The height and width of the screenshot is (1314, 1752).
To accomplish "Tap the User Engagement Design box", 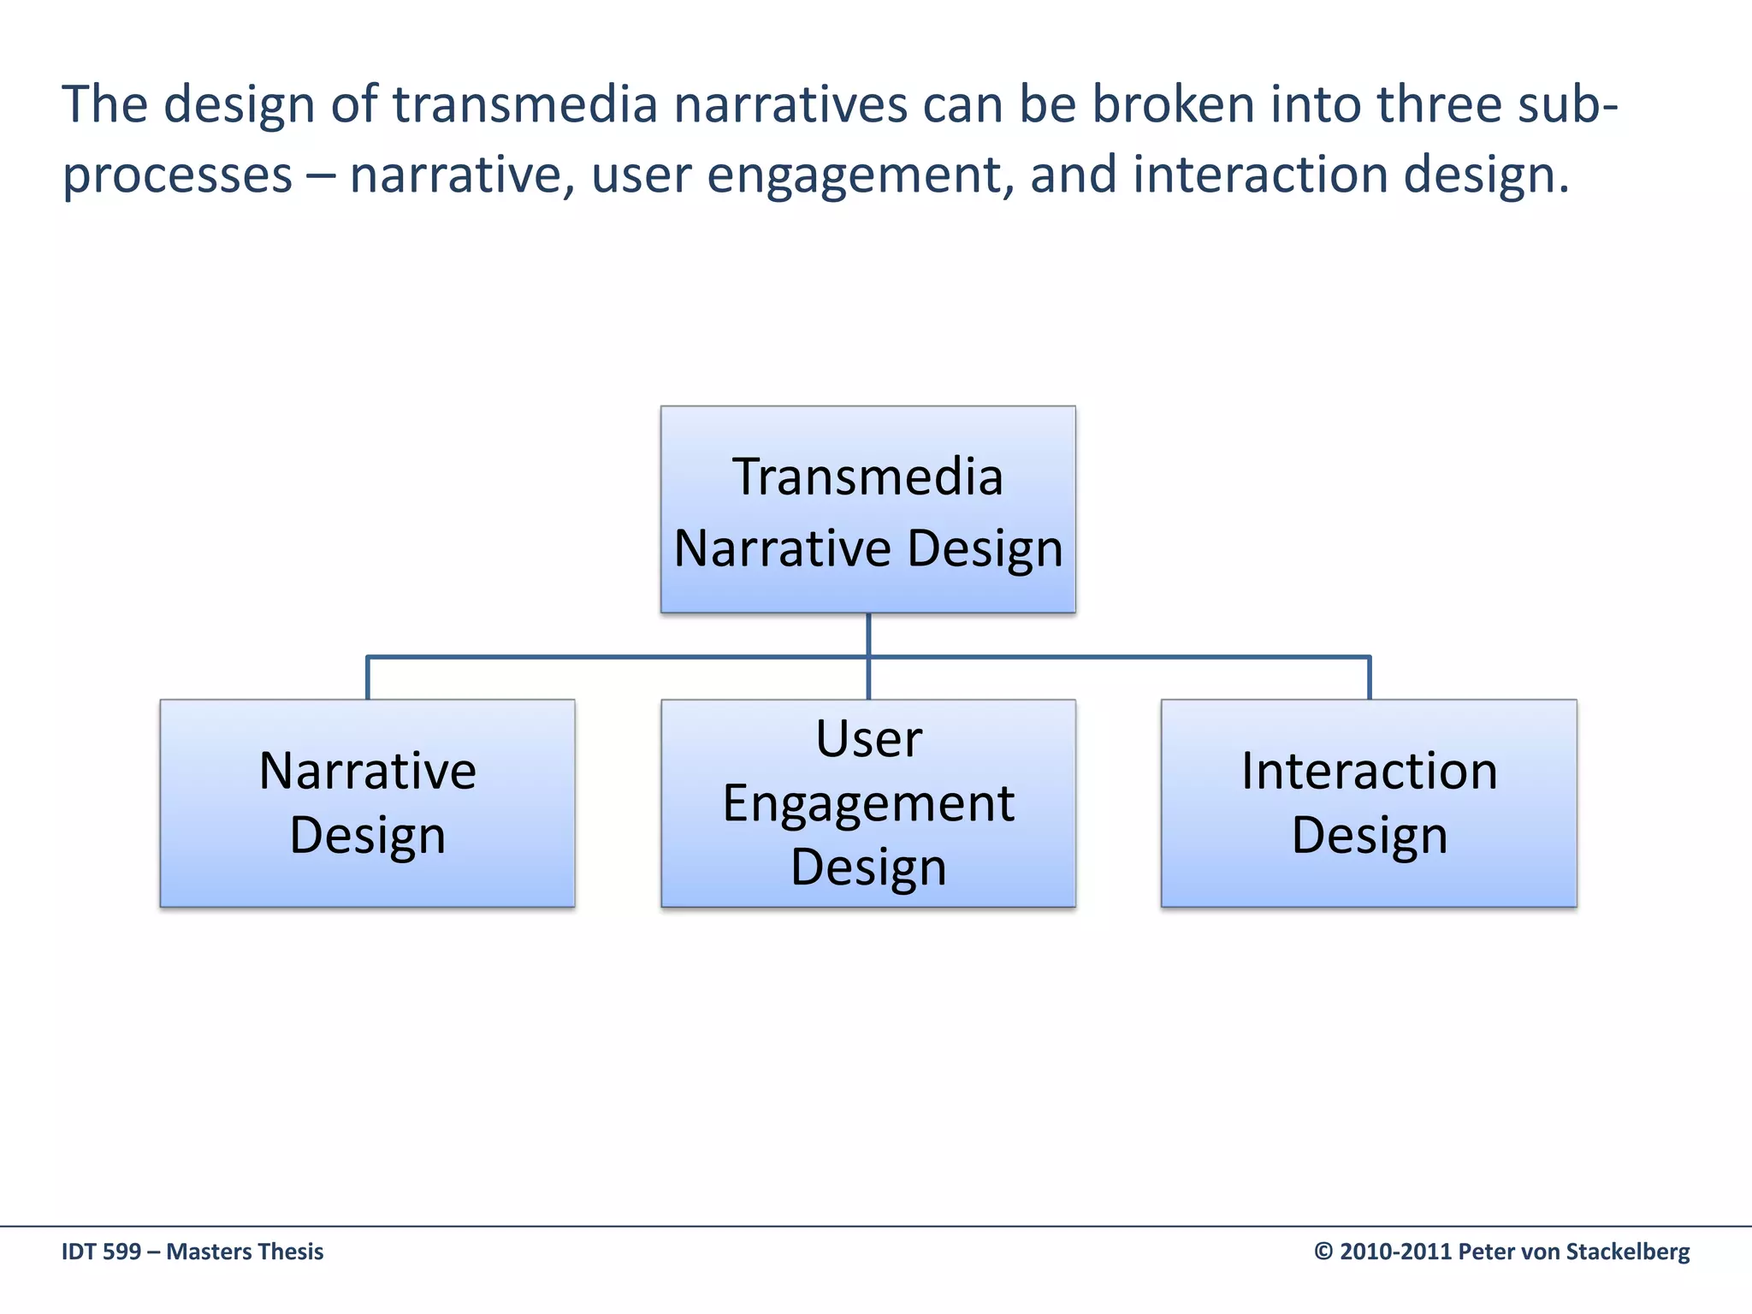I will pyautogui.click(x=867, y=802).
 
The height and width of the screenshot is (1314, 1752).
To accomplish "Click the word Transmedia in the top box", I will pyautogui.click(x=867, y=476).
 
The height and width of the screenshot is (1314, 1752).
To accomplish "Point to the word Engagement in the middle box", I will pyautogui.click(x=867, y=804).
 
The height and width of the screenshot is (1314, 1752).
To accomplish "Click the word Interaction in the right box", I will pyautogui.click(x=1369, y=771).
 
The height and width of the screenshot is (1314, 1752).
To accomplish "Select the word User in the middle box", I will pyautogui.click(x=868, y=738).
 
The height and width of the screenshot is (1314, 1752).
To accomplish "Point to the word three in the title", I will pyautogui.click(x=1439, y=104).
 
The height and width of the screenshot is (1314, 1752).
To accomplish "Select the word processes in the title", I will pyautogui.click(x=177, y=175).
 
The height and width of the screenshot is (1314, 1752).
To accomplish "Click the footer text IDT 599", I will pyautogui.click(x=101, y=1252).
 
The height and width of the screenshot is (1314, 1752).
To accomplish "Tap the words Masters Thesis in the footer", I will pyautogui.click(x=245, y=1252).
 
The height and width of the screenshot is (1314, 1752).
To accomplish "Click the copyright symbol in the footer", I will pyautogui.click(x=1323, y=1252).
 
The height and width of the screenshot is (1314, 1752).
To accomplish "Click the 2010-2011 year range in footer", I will pyautogui.click(x=1396, y=1252).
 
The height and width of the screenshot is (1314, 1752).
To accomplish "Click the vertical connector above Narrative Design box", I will pyautogui.click(x=368, y=678).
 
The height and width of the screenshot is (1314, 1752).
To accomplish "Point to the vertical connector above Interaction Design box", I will pyautogui.click(x=1369, y=678).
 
